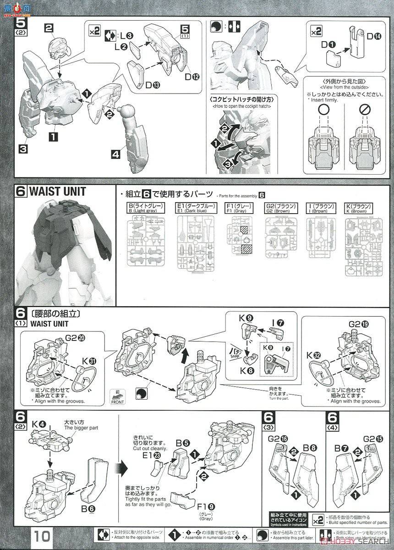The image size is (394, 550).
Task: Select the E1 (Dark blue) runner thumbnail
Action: tap(195, 239)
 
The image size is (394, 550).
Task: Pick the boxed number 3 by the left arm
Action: tap(23, 148)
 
